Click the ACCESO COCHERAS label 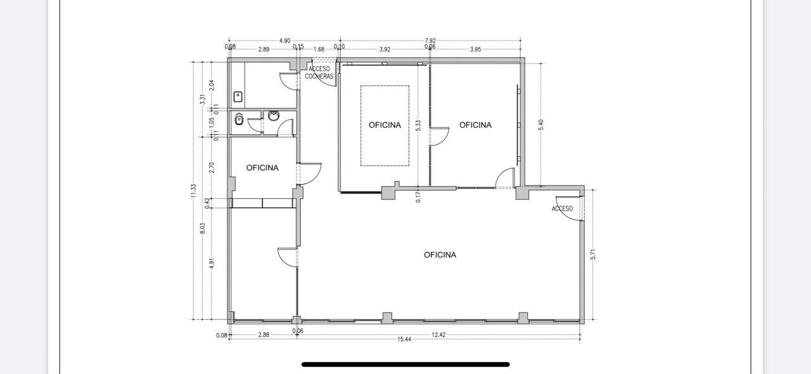[319, 73]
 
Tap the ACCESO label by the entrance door [562, 209]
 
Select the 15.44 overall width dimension [404, 339]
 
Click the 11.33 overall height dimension [193, 190]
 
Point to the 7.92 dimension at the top [430, 41]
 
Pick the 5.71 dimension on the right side [593, 254]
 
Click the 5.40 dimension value [541, 125]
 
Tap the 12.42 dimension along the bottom [438, 335]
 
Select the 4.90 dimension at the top [285, 41]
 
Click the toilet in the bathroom [239, 119]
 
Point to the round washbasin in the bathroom [274, 116]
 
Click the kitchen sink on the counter [238, 97]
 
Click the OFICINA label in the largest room [440, 255]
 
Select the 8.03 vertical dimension [202, 228]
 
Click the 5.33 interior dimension [419, 125]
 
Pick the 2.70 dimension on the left [212, 168]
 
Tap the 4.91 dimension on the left [212, 263]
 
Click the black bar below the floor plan [405, 365]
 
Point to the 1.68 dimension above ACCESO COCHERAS [319, 49]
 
